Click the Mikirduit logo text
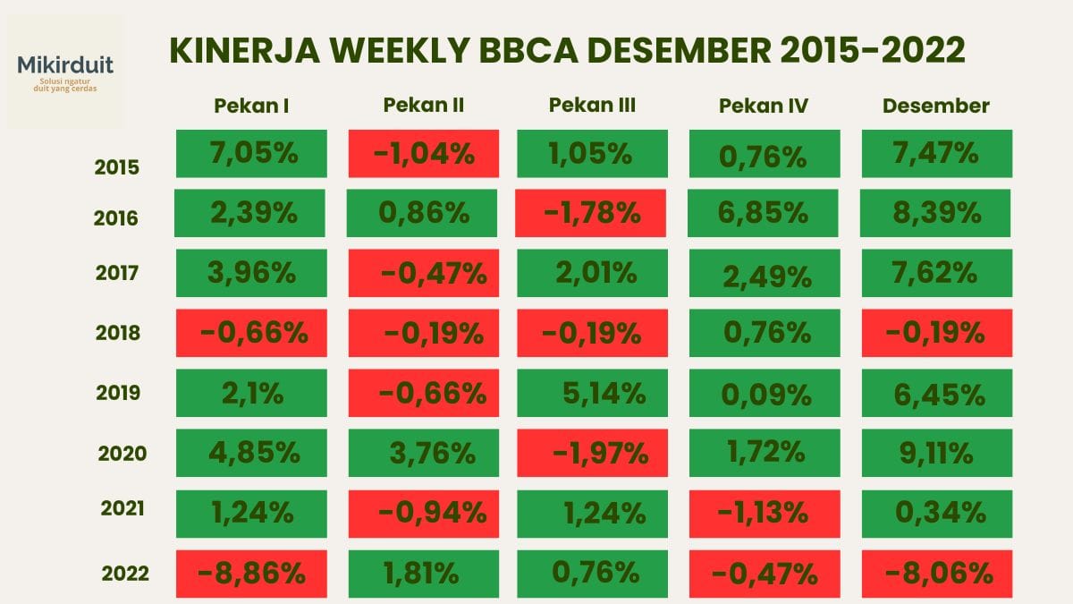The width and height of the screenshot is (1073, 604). click(65, 65)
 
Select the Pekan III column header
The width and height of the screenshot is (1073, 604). click(592, 105)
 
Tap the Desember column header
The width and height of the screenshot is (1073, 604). click(935, 106)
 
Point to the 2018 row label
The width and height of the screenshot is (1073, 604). click(118, 333)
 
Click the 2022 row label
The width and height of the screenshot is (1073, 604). click(125, 573)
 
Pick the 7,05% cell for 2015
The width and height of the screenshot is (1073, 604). click(251, 153)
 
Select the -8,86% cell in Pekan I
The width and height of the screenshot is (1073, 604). click(251, 573)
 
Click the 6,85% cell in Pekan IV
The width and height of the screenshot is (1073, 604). click(764, 213)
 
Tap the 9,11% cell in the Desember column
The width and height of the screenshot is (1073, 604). click(936, 453)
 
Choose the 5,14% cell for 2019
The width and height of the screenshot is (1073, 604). click(592, 393)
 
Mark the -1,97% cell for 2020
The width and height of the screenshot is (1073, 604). click(592, 453)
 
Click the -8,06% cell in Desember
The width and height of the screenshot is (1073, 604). click(936, 573)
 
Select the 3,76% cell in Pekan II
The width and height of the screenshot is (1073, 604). click(422, 453)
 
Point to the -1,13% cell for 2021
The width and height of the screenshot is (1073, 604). click(764, 513)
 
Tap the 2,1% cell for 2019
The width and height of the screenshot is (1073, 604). click(251, 393)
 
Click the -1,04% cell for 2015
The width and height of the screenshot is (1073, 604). click(422, 153)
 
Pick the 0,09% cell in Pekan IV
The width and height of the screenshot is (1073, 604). click(764, 393)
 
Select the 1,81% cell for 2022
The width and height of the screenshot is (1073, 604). click(422, 573)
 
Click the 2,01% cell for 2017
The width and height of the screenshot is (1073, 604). click(592, 273)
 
